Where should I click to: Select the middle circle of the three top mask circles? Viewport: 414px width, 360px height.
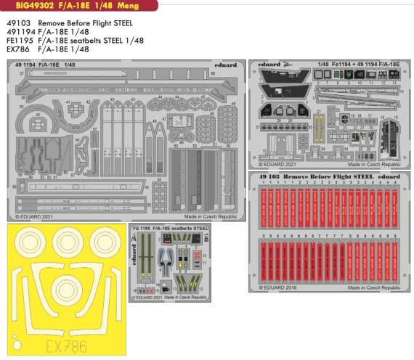[x=68, y=247]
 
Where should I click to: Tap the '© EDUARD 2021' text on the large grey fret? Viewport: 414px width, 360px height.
[x=36, y=216]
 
